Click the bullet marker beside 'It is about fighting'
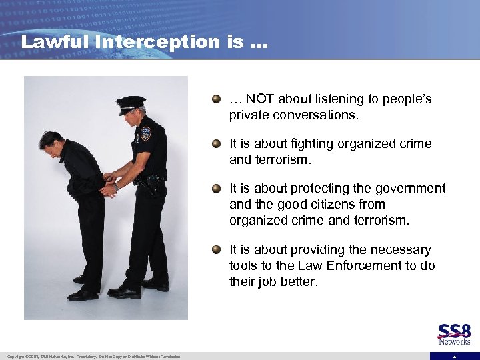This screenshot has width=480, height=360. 215,143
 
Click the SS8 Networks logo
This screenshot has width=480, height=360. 454,334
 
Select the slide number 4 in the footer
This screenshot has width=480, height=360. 454,357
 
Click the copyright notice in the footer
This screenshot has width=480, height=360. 94,357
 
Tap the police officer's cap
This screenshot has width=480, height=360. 130,104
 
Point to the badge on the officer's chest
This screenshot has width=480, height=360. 145,133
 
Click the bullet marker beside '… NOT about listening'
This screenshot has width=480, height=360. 215,99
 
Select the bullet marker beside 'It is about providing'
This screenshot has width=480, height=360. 215,249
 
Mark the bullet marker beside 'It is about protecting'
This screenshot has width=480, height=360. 215,189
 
